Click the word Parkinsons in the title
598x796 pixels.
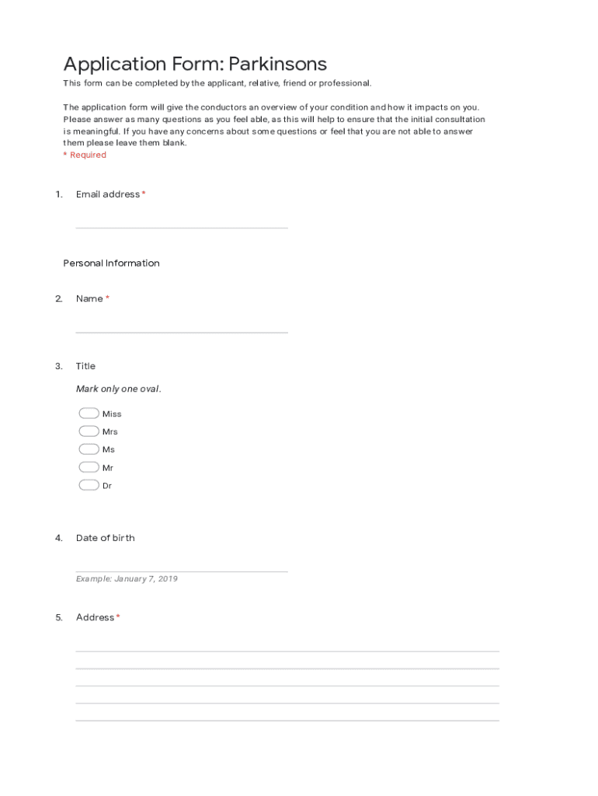(278, 65)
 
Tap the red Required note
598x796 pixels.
(85, 155)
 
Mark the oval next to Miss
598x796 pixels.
(89, 414)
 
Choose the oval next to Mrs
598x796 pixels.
(89, 431)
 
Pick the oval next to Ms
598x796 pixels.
(89, 449)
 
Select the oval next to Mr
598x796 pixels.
(89, 467)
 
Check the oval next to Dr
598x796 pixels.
(89, 485)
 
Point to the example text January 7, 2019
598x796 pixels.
(127, 579)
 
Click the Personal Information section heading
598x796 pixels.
(111, 264)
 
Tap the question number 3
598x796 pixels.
(58, 366)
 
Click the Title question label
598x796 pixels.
(85, 366)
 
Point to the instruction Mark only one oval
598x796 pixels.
(118, 389)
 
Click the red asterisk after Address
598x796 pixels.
(118, 617)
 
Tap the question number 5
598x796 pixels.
(58, 617)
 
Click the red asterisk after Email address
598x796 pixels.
(144, 194)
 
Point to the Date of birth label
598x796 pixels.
(105, 538)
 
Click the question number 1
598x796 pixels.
(58, 194)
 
